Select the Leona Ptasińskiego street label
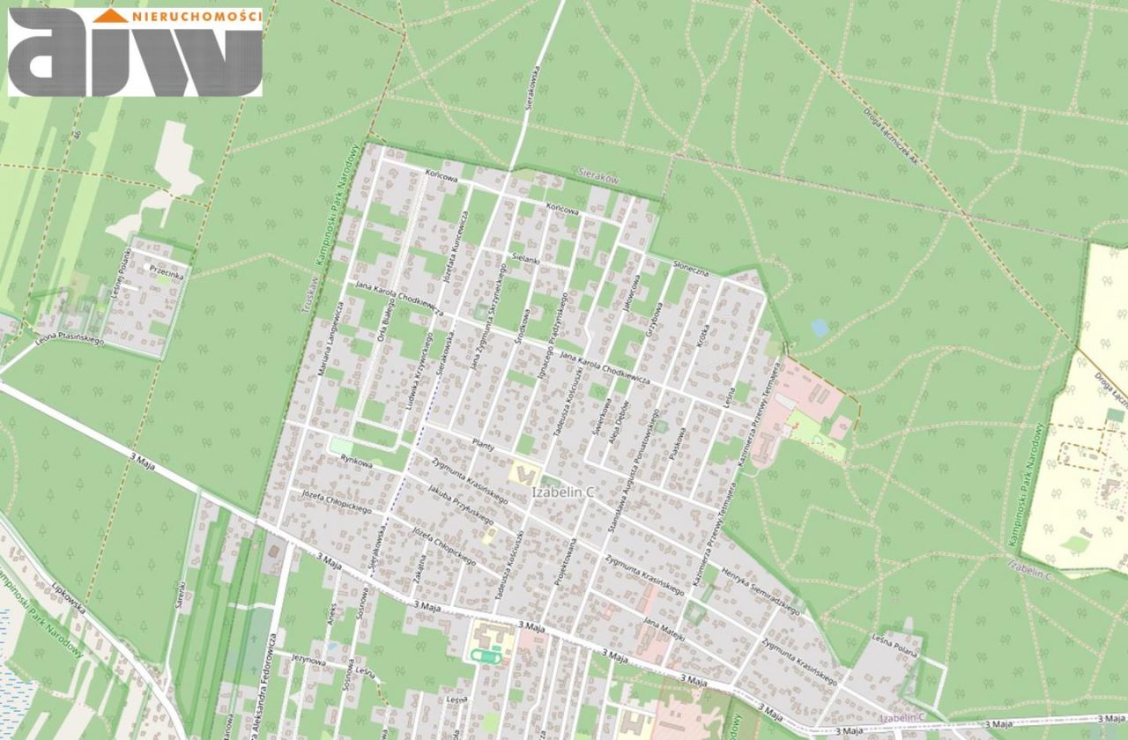click(x=70, y=339)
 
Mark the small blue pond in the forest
click(x=820, y=328)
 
